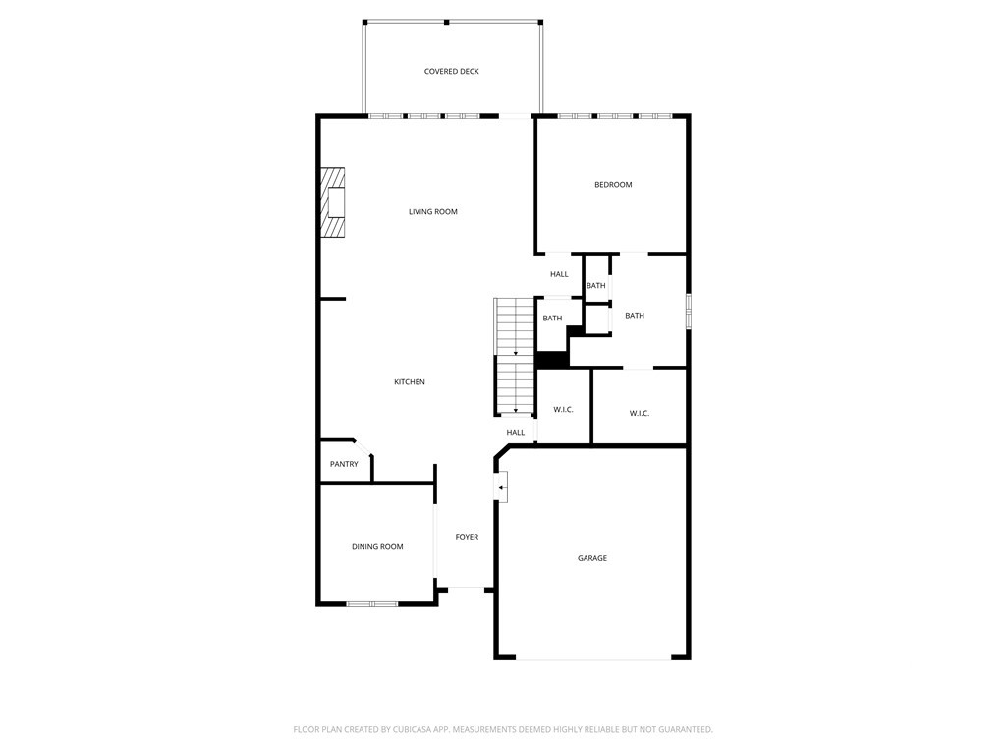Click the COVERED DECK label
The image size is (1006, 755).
click(452, 72)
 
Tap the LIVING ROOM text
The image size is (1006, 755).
click(433, 212)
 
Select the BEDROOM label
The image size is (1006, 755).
click(613, 185)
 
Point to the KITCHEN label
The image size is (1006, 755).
click(410, 382)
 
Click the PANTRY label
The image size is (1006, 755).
click(344, 464)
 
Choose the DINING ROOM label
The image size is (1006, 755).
click(377, 547)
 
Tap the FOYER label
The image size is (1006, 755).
click(467, 537)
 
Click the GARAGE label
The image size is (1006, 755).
click(591, 558)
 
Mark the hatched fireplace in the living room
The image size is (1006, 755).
click(333, 203)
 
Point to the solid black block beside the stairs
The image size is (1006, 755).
click(552, 359)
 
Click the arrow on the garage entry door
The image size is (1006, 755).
click(502, 487)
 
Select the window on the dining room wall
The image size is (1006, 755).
click(371, 603)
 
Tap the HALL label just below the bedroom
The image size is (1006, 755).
click(559, 274)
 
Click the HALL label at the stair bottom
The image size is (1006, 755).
click(515, 433)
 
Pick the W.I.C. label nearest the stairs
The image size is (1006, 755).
click(563, 410)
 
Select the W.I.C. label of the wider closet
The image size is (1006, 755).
click(639, 414)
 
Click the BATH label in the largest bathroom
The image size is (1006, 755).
click(635, 316)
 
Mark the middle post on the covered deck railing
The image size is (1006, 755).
click(446, 21)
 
